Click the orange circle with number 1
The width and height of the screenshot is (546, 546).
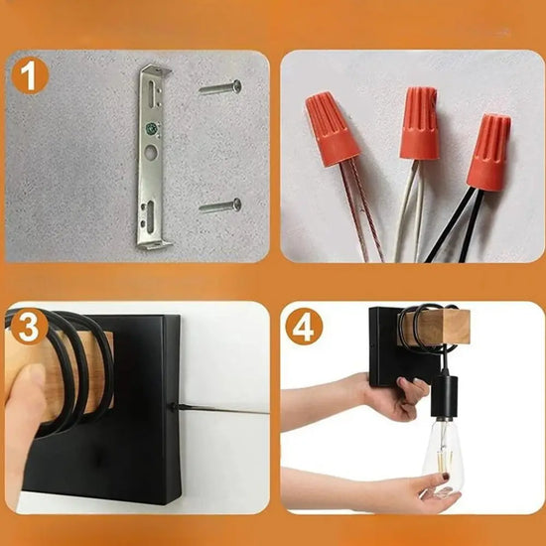tap(30, 75)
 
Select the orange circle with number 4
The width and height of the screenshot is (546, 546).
tap(304, 327)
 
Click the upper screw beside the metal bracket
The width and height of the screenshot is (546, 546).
tap(220, 87)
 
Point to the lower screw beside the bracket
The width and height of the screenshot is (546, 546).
tap(220, 205)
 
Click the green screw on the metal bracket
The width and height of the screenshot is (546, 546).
tap(151, 128)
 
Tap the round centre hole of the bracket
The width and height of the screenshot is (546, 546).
tap(151, 152)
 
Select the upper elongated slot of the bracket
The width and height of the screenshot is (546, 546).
tap(152, 94)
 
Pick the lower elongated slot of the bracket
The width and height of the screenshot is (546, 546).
tap(151, 216)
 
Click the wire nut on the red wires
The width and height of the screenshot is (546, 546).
tap(332, 128)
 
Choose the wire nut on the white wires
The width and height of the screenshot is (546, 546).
tap(419, 123)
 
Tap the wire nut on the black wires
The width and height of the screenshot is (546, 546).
tap(488, 152)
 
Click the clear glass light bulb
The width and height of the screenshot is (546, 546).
tap(443, 457)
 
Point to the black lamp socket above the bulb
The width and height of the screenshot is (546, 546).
tap(444, 396)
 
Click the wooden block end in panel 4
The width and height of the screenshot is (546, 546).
tap(452, 328)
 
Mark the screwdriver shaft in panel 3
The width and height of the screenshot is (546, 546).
tap(221, 409)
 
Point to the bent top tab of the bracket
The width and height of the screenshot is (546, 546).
tap(157, 70)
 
